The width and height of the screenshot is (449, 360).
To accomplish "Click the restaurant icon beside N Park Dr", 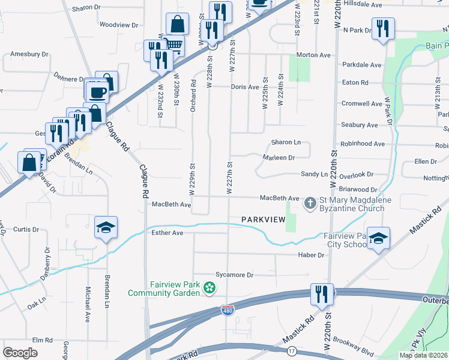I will click(x=382, y=28).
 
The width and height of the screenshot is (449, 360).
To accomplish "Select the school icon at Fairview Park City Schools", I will click(x=378, y=238).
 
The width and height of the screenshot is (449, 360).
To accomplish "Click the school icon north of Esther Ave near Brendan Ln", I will click(x=106, y=227).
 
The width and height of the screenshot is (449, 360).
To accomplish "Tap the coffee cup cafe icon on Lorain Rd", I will click(x=98, y=92).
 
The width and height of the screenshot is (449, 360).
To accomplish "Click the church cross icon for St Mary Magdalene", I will click(x=310, y=203).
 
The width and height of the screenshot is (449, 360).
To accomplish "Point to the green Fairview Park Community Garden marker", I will click(x=209, y=289).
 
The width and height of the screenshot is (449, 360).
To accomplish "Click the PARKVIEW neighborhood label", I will click(x=263, y=220).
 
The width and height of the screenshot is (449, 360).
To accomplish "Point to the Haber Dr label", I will click(x=311, y=255).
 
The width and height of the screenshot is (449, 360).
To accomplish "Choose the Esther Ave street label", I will click(x=168, y=232).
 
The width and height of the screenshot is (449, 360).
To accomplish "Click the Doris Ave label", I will click(x=245, y=87).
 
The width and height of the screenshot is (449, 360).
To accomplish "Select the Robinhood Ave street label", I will click(x=363, y=144).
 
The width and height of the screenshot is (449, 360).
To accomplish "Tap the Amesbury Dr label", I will click(x=29, y=54).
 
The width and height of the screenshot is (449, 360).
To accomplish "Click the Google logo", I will click(x=20, y=353).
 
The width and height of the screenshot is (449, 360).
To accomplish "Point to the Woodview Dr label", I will click(x=119, y=25).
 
